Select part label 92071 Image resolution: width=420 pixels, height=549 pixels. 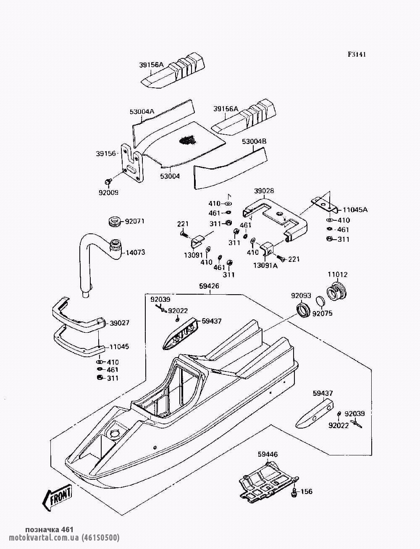135,221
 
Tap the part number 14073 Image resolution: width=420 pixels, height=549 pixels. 135,253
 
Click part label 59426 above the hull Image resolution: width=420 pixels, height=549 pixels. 209,286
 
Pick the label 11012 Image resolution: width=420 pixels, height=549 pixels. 337,275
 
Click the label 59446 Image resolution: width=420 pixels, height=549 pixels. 268,454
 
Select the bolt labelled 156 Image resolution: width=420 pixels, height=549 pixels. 294,491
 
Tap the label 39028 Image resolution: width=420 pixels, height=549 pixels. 264,191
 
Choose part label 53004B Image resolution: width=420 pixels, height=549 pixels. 254,142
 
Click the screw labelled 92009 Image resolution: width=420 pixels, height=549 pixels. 108,181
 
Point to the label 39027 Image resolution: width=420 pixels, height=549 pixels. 120,323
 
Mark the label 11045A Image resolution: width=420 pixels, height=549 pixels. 355,210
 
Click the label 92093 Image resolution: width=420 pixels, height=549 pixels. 301,295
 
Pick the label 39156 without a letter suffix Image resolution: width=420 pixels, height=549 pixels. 105,154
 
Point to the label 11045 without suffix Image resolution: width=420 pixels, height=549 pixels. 119,347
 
